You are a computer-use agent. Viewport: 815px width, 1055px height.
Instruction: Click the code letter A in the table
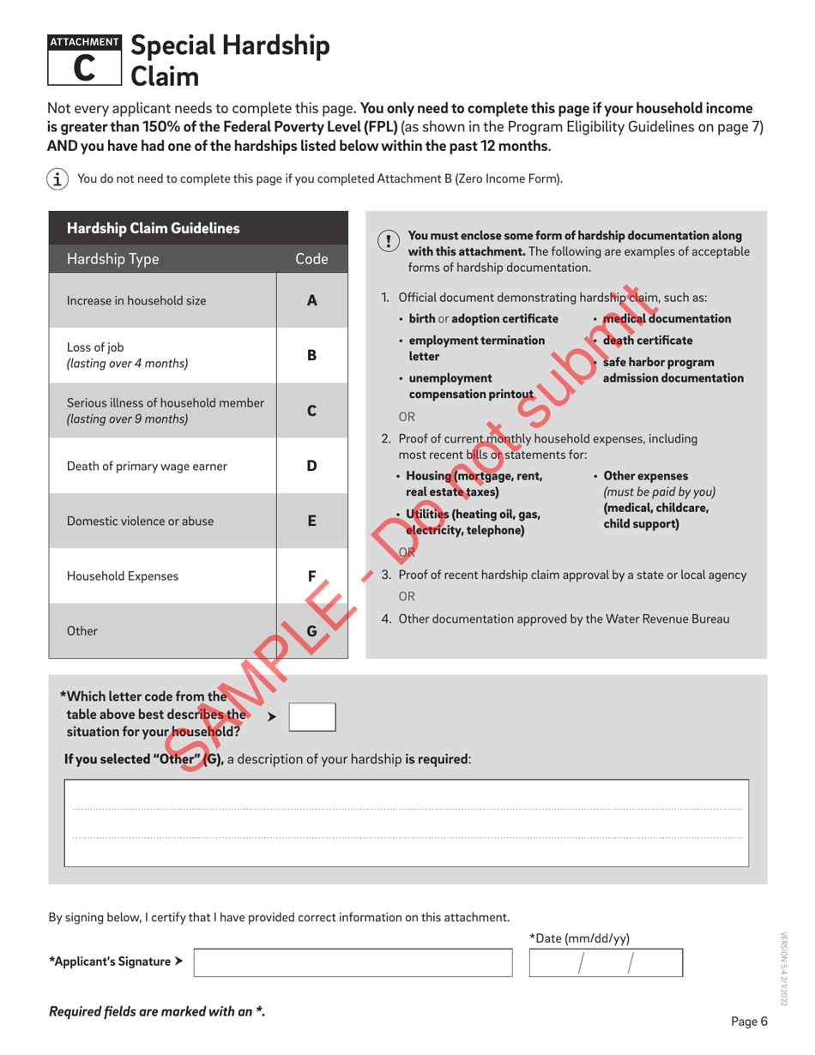click(x=312, y=301)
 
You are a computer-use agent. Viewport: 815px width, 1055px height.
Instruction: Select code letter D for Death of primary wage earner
click(x=312, y=466)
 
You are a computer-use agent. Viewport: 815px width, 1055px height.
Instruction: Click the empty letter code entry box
click(x=311, y=716)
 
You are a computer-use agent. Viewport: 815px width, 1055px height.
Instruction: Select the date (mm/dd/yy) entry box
click(x=606, y=963)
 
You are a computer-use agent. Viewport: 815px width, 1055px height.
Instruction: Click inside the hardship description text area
click(x=407, y=823)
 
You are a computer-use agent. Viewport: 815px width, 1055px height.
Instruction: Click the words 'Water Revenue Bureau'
click(x=669, y=618)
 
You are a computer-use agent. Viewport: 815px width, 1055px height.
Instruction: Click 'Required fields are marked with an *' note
click(x=157, y=1011)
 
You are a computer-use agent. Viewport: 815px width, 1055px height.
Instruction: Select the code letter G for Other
click(x=312, y=631)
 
